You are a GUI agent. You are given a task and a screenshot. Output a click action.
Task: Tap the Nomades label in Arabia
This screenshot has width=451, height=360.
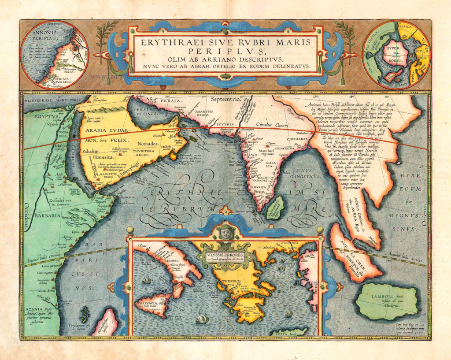point(145,143)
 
